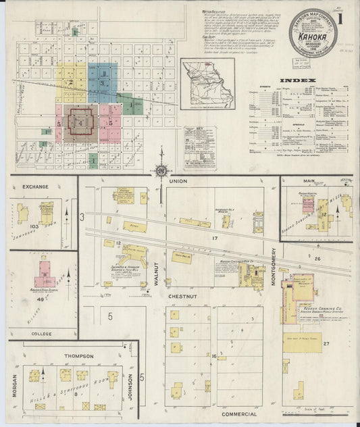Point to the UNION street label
point(178,182)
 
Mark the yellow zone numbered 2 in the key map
point(70,82)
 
